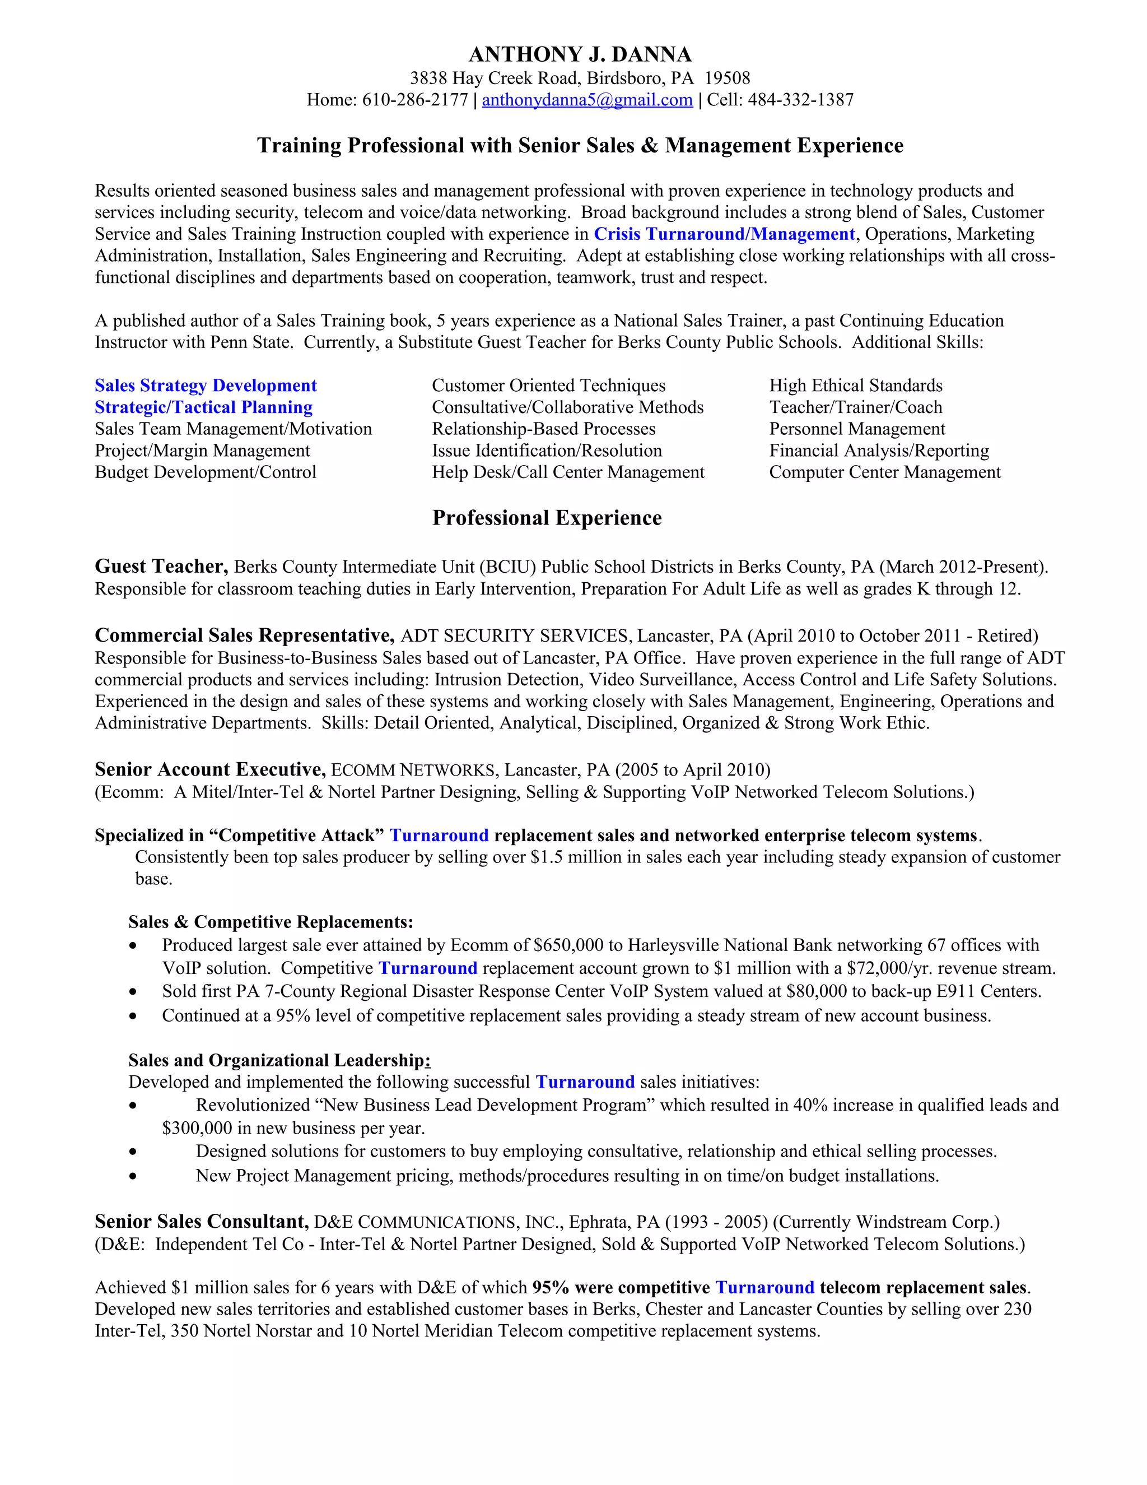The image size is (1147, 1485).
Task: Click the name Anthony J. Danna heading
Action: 580,54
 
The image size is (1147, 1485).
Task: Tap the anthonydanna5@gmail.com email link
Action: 587,100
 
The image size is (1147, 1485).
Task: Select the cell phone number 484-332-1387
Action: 800,100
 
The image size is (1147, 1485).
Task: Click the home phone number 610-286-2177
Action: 414,100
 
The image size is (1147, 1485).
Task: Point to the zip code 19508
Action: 727,78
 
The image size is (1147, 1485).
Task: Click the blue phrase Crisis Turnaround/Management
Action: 724,234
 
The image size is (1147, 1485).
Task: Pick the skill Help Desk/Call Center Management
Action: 568,472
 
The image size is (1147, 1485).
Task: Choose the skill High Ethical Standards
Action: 856,386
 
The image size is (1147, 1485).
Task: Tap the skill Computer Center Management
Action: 885,472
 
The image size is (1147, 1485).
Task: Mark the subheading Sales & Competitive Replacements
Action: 271,922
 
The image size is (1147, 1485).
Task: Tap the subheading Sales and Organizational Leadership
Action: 278,1060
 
